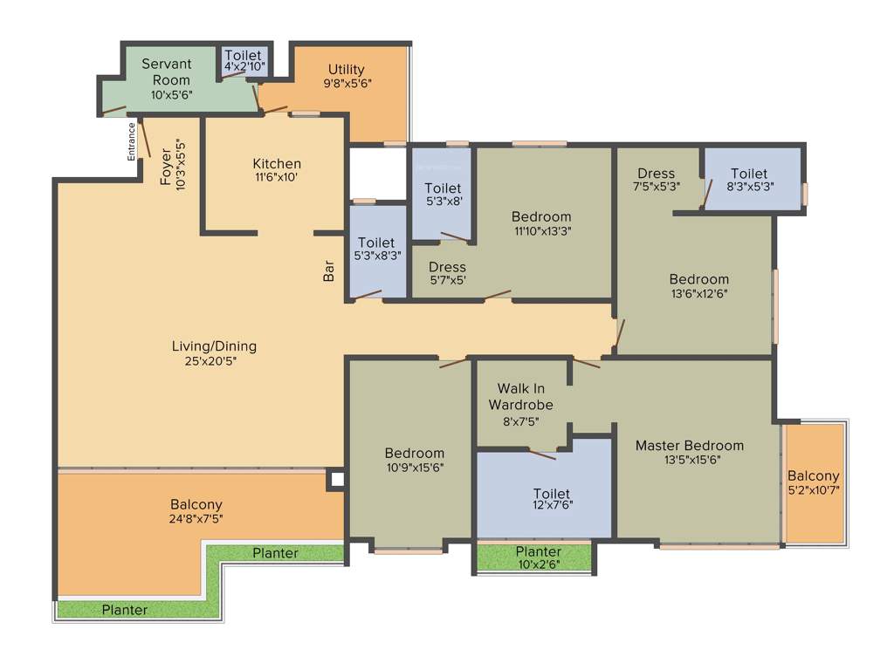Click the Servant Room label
point(166,72)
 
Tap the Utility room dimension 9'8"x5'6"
point(346,85)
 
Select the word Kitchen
point(277,164)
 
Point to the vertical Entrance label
point(132,141)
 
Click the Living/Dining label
point(214,346)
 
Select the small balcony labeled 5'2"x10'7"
point(814,484)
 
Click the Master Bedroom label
point(690,445)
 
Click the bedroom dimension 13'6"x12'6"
point(698,293)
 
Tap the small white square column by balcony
point(337,479)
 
